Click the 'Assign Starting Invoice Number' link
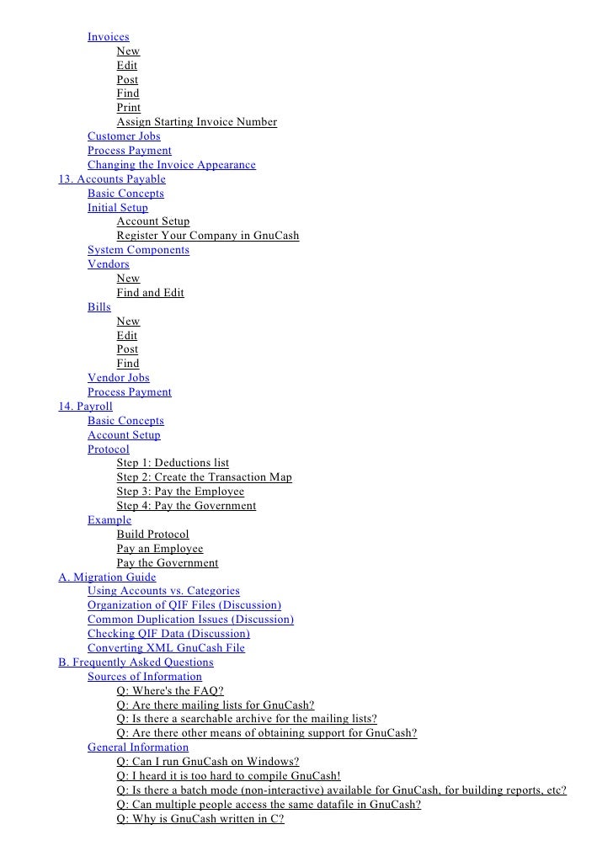coord(196,122)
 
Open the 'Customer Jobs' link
coord(124,136)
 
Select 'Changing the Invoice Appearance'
coord(171,165)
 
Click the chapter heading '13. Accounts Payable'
coord(112,179)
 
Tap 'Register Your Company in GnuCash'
coord(207,236)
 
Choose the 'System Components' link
coord(138,250)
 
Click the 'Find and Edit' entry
coord(150,293)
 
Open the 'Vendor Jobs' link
coord(118,378)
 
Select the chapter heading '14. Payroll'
coord(85,407)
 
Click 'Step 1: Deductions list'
coord(173,463)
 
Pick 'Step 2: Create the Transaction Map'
coord(204,477)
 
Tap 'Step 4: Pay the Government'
coord(186,506)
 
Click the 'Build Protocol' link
coord(152,535)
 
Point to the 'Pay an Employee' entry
coord(159,549)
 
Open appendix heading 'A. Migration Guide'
coord(107,577)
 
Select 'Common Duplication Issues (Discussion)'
coord(190,620)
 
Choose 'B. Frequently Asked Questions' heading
coord(136,662)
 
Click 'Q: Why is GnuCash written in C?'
coord(200,818)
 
